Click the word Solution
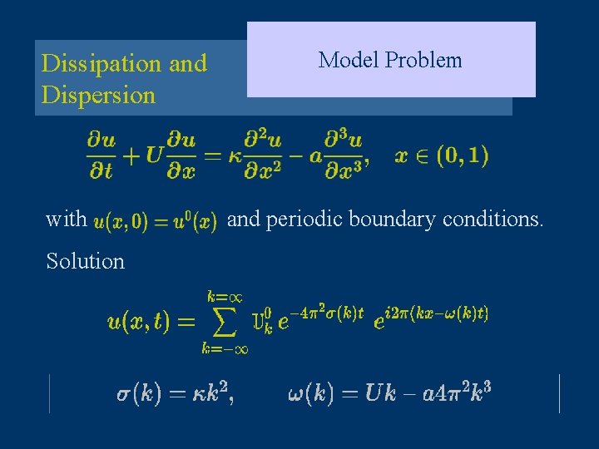pyautogui.click(x=85, y=261)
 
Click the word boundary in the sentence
pyautogui.click(x=386, y=220)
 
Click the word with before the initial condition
pyautogui.click(x=67, y=220)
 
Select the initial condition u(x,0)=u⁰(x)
pyautogui.click(x=156, y=221)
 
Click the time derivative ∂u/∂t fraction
pyautogui.click(x=100, y=155)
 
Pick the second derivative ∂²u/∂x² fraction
pyautogui.click(x=265, y=155)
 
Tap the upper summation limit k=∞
pyautogui.click(x=225, y=296)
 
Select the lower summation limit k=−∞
pyautogui.click(x=225, y=349)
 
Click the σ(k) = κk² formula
pyautogui.click(x=174, y=394)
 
